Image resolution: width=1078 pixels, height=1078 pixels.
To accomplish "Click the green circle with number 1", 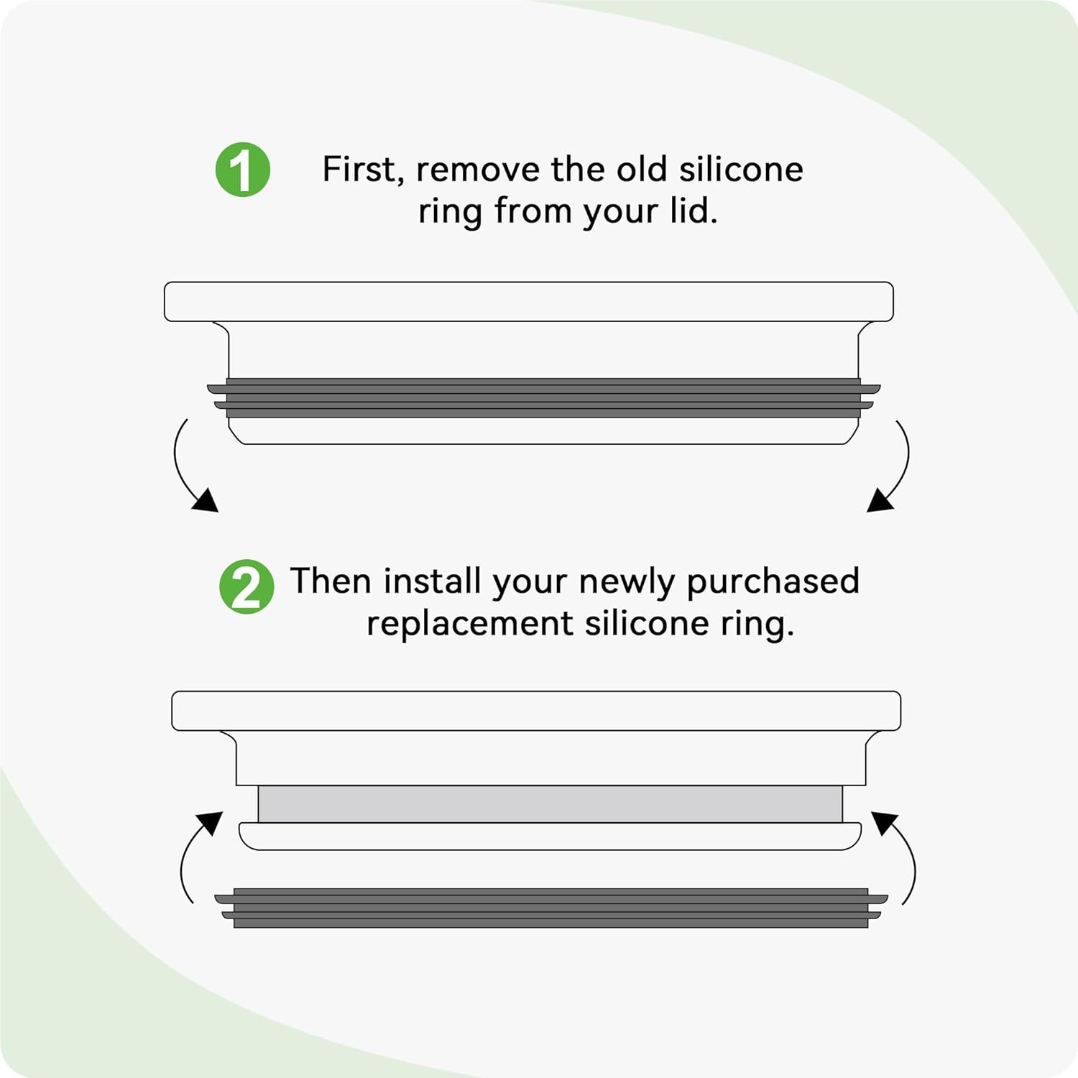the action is pos(243,170).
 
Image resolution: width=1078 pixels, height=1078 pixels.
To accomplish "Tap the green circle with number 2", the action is pos(247,586).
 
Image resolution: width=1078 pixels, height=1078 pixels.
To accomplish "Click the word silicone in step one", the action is pos(740,170).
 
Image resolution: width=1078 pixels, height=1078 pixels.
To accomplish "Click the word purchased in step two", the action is pos(773,582).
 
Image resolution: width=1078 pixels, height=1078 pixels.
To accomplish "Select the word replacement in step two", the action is pos(469,624).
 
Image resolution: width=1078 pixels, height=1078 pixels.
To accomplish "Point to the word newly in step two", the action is pos(626,583).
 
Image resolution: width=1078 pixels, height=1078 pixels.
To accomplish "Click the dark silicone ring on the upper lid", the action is pos(543,397).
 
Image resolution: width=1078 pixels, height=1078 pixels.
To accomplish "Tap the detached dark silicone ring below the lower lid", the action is pos(551,908).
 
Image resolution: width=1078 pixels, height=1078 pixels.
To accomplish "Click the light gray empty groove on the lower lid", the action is pos(550,803).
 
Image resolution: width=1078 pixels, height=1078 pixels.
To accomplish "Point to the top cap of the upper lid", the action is pos(529,302).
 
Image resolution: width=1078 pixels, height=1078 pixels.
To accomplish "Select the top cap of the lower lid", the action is pos(536,711).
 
